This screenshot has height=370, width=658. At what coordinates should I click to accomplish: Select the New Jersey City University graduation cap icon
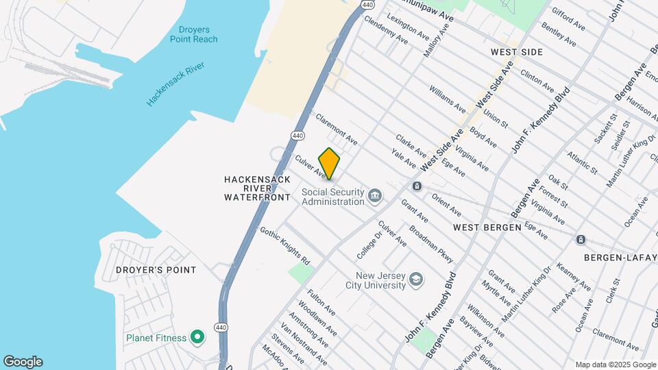pos(416,280)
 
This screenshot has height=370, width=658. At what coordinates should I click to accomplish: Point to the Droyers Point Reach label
pos(193,34)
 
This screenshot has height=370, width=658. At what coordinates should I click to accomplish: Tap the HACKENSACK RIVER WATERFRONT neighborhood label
pos(258,188)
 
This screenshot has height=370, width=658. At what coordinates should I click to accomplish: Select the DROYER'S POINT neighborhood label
pos(164,270)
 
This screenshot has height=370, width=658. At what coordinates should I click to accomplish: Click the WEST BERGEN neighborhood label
pos(487,226)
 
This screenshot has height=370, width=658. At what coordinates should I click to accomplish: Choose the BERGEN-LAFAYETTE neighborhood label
pos(620,257)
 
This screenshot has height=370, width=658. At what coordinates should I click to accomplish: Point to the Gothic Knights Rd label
pos(284,246)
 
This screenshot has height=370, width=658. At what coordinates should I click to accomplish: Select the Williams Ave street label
pos(448,99)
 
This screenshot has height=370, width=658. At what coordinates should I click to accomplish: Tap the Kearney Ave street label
pos(574,276)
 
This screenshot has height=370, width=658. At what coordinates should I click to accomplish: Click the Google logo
pos(23,362)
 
